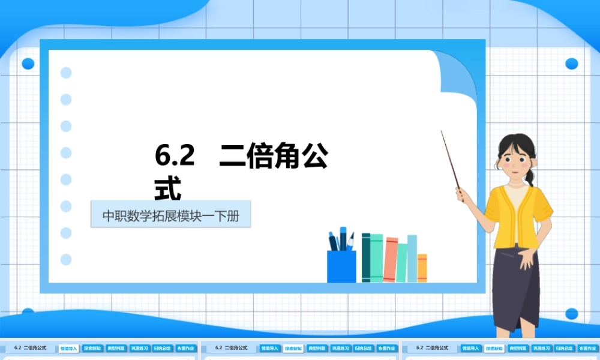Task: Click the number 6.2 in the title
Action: tap(175, 156)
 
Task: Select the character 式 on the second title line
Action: tap(168, 189)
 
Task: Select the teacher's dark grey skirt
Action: tap(516, 288)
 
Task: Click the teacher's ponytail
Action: tap(529, 176)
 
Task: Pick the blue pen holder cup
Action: tap(341, 266)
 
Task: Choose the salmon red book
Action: tap(391, 259)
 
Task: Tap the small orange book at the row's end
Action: tap(422, 268)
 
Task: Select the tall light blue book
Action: tap(412, 258)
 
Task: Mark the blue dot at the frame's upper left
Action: tap(28, 64)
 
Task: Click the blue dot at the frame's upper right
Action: tap(571, 64)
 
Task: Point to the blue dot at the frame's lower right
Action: tap(571, 314)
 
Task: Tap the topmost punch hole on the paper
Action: tap(66, 73)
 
